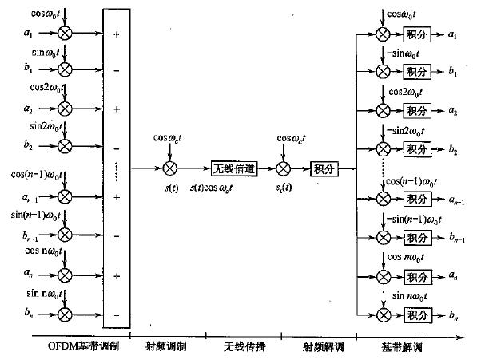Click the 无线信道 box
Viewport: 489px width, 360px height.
click(x=232, y=168)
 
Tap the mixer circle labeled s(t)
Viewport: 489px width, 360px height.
click(x=169, y=168)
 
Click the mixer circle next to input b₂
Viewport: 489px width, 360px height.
click(x=65, y=147)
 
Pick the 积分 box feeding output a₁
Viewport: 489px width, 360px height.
click(x=413, y=34)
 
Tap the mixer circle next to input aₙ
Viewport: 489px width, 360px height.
click(x=65, y=275)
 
